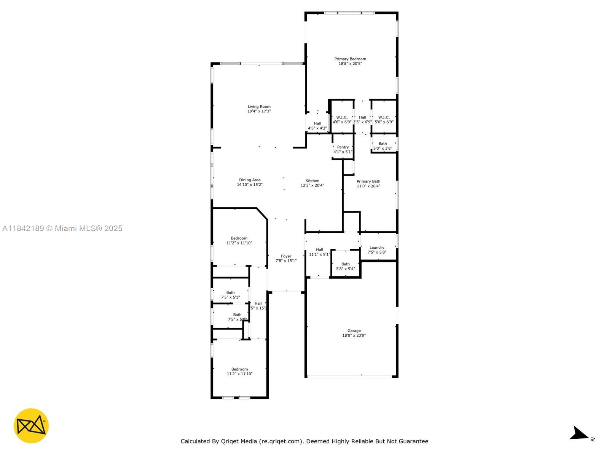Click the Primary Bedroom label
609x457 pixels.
point(350,59)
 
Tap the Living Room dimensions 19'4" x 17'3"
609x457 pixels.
point(259,111)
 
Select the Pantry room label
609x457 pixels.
point(343,147)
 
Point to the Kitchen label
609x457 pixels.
point(312,181)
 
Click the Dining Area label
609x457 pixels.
point(250,180)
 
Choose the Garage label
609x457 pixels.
point(354,331)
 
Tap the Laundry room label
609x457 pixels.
point(377,248)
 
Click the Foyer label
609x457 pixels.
point(286,256)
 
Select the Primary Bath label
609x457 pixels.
point(368,181)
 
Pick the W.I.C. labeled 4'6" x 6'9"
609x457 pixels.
point(342,120)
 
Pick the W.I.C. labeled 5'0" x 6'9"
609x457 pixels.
point(384,120)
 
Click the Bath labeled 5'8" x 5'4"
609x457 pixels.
point(346,266)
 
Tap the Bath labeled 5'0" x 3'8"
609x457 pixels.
point(383,146)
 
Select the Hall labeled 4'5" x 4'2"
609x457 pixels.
point(317,126)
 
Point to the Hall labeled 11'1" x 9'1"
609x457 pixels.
point(319,252)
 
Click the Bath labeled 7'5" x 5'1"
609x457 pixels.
point(230,295)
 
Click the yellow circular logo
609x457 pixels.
point(31,426)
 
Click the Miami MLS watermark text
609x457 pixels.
point(62,228)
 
